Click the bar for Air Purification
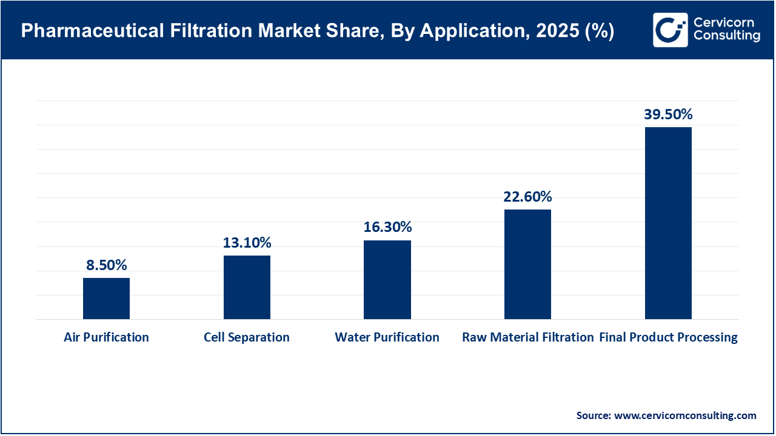[x=106, y=299]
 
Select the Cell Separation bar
[x=247, y=287]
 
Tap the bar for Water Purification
[x=387, y=280]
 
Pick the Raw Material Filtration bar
[x=527, y=264]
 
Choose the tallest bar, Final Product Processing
[x=668, y=223]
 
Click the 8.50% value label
[x=106, y=265]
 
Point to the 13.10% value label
[x=247, y=243]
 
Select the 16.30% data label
[x=387, y=227]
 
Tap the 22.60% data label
[x=527, y=196]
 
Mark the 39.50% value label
[x=668, y=114]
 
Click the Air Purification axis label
[x=106, y=337]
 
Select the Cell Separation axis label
[x=247, y=337]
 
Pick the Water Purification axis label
[x=387, y=337]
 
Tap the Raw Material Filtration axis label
[x=527, y=337]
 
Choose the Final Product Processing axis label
[x=668, y=337]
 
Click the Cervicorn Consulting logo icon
[x=670, y=30]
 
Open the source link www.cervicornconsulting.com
[x=686, y=415]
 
